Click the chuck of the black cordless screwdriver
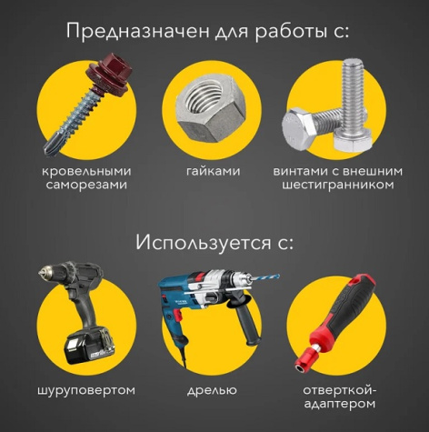tap(45, 275)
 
